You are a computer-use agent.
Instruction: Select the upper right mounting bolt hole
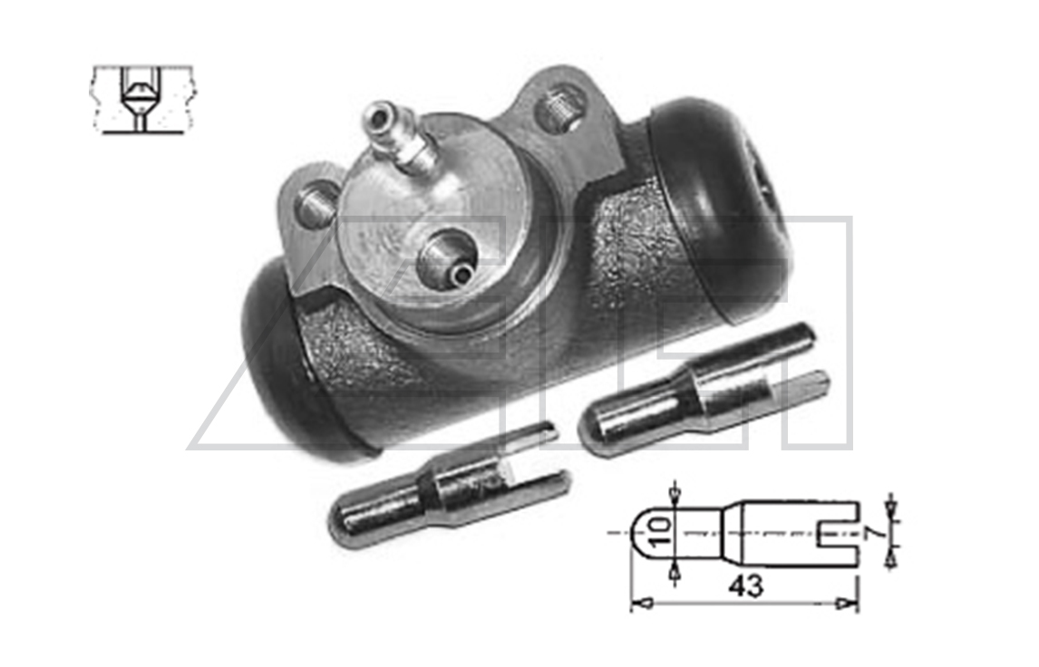coord(560,107)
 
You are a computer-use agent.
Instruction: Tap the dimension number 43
coord(744,586)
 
